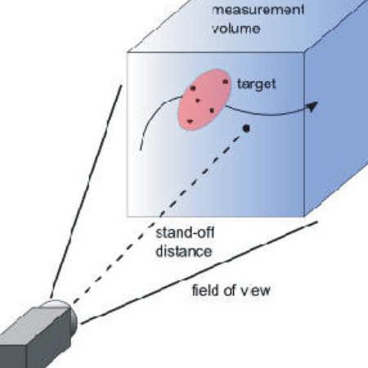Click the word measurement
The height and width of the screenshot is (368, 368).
click(x=258, y=11)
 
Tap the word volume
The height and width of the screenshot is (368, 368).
click(x=236, y=29)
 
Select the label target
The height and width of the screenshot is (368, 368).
click(x=257, y=84)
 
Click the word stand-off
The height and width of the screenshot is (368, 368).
click(x=185, y=233)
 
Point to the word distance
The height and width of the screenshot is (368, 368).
click(x=184, y=251)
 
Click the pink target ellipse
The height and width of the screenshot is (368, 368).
click(x=204, y=100)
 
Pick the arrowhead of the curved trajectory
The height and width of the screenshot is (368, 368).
click(x=312, y=105)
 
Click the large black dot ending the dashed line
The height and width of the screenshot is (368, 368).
click(x=246, y=128)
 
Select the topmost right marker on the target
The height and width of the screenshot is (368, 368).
click(x=225, y=82)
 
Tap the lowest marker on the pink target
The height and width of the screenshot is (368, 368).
click(x=190, y=121)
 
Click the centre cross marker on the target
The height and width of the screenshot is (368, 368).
click(x=198, y=101)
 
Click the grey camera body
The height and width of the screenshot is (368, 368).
click(x=34, y=339)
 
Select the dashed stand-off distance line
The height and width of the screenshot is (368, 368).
click(x=159, y=215)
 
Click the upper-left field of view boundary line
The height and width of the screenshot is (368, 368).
click(x=86, y=191)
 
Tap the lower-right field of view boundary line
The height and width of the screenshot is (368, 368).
click(x=200, y=273)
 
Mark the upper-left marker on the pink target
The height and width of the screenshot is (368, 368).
click(x=193, y=88)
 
